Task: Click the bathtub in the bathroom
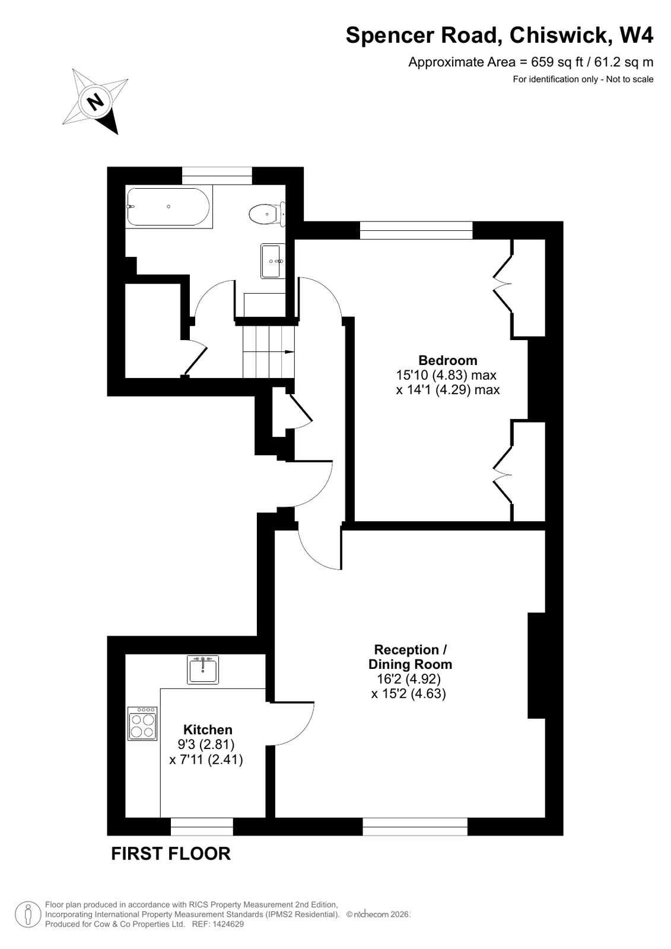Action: click(168, 207)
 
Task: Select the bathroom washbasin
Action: click(273, 261)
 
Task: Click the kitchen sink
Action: click(203, 669)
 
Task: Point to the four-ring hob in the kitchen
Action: click(142, 723)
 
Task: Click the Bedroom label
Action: click(448, 360)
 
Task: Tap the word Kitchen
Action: click(208, 729)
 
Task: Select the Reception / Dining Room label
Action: click(410, 656)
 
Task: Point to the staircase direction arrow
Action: click(290, 352)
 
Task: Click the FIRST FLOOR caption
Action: click(171, 853)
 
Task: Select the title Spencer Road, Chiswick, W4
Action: click(499, 36)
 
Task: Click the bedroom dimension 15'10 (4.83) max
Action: click(446, 375)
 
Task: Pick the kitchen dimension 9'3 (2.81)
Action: click(206, 744)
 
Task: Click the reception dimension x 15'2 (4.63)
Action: click(409, 693)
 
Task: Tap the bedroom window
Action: click(416, 230)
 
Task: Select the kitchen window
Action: click(202, 826)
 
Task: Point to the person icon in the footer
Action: click(27, 914)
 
